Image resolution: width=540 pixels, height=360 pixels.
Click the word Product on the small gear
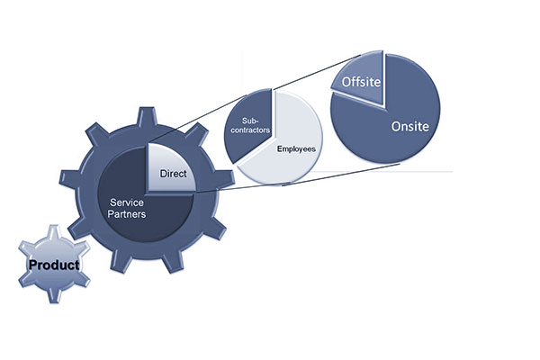[53, 265]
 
